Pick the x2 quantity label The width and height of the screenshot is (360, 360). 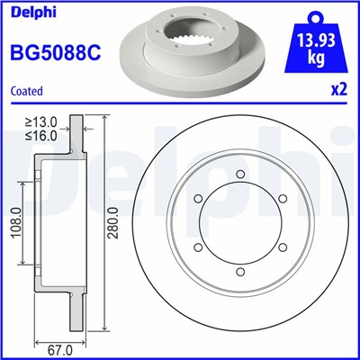tap(337, 91)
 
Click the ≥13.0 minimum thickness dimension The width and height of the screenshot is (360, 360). tap(40, 121)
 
